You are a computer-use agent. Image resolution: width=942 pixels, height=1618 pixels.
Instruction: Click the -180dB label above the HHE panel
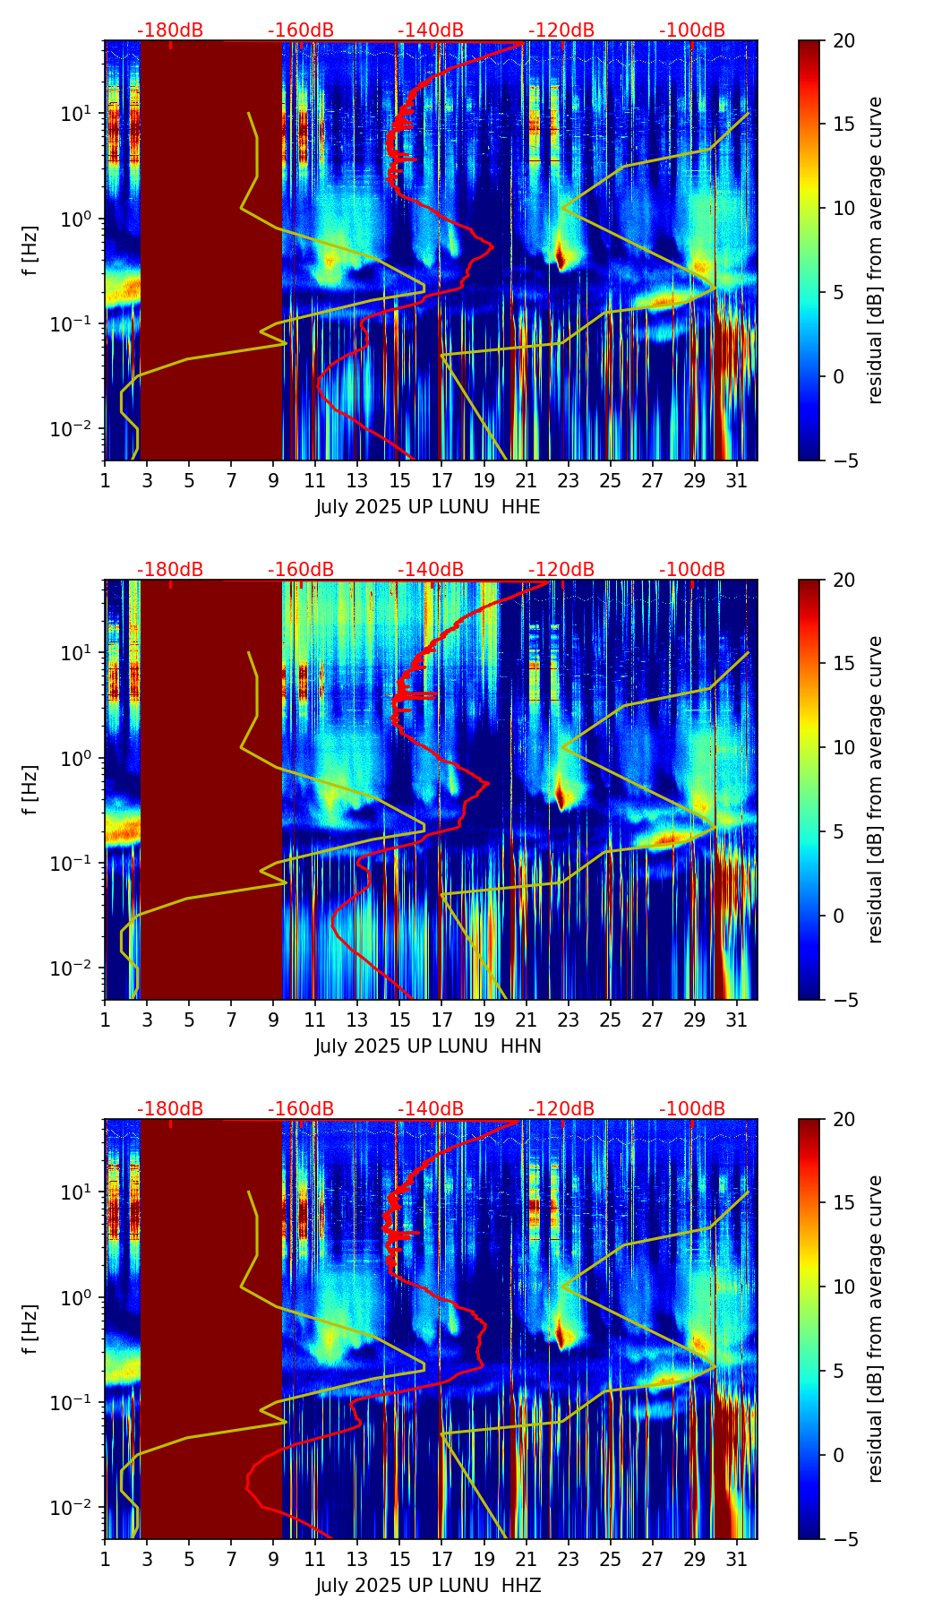click(x=170, y=30)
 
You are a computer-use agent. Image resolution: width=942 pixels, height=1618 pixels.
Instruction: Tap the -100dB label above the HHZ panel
click(x=692, y=1109)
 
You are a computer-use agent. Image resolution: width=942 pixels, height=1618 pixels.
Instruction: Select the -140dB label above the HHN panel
click(x=431, y=570)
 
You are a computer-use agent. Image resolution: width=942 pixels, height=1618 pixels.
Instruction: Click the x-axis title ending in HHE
click(x=428, y=507)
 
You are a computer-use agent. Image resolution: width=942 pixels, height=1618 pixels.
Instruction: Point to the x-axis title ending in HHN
click(x=428, y=1046)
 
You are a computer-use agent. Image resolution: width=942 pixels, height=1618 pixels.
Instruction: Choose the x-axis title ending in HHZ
click(x=428, y=1586)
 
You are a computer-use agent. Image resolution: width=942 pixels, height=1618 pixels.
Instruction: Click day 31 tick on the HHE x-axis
click(x=737, y=481)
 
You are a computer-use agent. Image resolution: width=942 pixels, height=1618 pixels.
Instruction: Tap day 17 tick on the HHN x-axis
click(x=441, y=1020)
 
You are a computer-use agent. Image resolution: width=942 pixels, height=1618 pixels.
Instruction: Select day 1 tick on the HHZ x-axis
click(x=105, y=1560)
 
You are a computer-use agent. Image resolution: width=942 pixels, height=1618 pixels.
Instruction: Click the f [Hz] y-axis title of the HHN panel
click(x=30, y=789)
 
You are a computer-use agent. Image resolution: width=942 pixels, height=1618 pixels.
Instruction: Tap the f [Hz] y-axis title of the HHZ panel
click(x=30, y=1329)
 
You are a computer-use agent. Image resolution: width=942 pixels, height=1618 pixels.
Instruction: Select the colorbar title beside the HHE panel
click(x=876, y=250)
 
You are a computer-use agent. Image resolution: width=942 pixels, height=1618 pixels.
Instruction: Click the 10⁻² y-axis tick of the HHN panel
click(x=76, y=968)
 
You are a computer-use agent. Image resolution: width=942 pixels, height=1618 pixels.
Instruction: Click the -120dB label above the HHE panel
click(x=561, y=30)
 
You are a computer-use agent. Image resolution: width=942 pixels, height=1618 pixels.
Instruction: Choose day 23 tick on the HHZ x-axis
click(x=569, y=1560)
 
